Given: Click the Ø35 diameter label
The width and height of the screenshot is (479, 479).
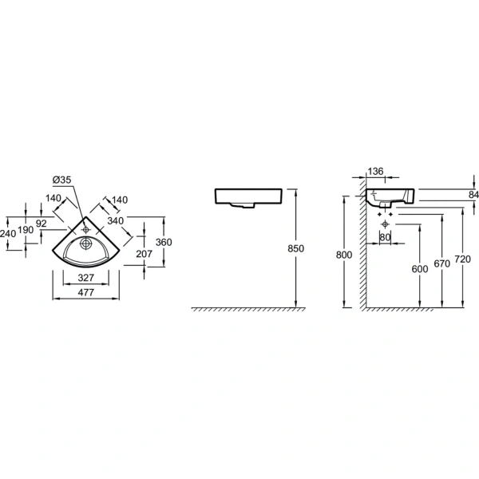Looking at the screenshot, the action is pyautogui.click(x=61, y=180).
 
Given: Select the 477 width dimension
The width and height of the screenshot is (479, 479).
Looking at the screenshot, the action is pyautogui.click(x=86, y=292).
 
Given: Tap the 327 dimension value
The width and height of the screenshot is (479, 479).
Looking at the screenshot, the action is pyautogui.click(x=86, y=278).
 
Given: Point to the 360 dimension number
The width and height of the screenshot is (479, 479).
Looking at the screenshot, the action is pyautogui.click(x=164, y=242).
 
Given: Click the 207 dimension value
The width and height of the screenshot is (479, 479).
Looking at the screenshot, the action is pyautogui.click(x=144, y=254).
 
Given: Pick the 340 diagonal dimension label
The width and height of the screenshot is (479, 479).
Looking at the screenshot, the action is pyautogui.click(x=116, y=220).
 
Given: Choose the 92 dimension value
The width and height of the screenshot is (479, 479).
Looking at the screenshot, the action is pyautogui.click(x=42, y=224).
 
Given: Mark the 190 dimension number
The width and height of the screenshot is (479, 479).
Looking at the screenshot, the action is pyautogui.click(x=26, y=229).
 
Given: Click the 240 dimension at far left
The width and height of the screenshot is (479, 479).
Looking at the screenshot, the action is pyautogui.click(x=8, y=234).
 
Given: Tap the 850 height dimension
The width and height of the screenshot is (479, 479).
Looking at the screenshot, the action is pyautogui.click(x=295, y=248).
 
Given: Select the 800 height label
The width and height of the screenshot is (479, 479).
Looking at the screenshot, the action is pyautogui.click(x=344, y=255).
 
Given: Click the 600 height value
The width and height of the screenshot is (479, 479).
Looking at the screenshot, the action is pyautogui.click(x=420, y=269).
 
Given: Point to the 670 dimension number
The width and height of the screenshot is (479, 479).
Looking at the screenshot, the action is pyautogui.click(x=441, y=263).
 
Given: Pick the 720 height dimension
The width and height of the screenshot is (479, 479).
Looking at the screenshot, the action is pyautogui.click(x=462, y=259).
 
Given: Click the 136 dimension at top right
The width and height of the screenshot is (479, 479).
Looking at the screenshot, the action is pyautogui.click(x=375, y=172).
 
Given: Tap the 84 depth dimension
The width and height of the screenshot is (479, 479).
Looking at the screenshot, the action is pyautogui.click(x=473, y=195).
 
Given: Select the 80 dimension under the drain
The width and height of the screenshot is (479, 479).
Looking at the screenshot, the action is pyautogui.click(x=385, y=237).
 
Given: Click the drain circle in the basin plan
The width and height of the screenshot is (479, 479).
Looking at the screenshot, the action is pyautogui.click(x=86, y=243).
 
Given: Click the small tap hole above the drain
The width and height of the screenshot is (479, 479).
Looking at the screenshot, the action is pyautogui.click(x=86, y=229).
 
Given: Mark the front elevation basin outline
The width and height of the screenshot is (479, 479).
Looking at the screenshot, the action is pyautogui.click(x=248, y=198).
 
